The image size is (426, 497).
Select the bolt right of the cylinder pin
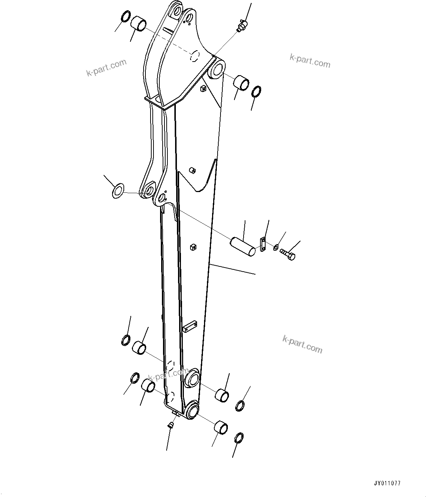click(288, 254)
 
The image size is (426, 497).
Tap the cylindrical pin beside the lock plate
click(242, 246)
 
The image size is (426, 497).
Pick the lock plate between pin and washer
click(262, 244)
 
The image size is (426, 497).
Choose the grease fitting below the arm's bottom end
click(170, 424)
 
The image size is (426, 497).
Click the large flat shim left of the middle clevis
click(118, 191)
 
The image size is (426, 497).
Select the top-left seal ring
click(125, 17)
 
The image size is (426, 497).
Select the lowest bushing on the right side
click(221, 428)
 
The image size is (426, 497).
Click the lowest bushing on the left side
click(148, 386)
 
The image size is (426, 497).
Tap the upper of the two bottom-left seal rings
click(125, 340)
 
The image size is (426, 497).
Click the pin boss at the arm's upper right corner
click(217, 69)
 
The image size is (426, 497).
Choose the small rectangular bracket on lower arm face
click(189, 326)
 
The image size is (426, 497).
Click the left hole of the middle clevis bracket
click(149, 190)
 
